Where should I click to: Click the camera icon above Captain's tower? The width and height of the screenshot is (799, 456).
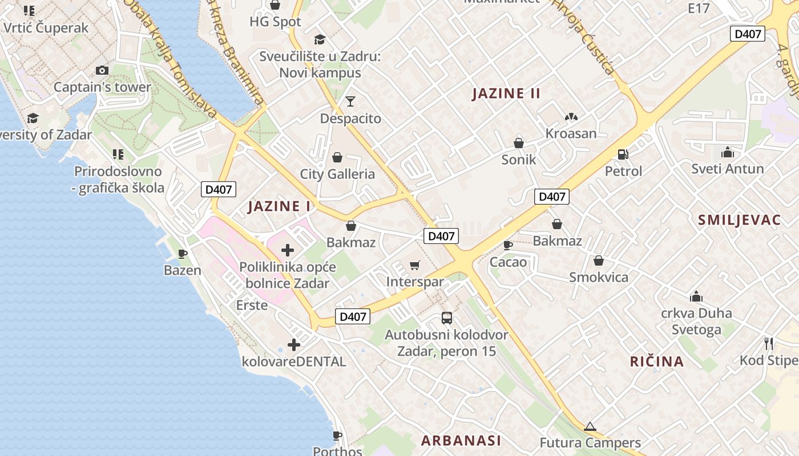pyautogui.click(x=102, y=71)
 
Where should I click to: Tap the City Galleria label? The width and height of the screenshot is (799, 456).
pyautogui.click(x=337, y=174)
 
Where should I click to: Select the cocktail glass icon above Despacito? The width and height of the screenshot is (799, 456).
pyautogui.click(x=350, y=101)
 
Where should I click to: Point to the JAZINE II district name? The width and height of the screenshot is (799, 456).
pyautogui.click(x=506, y=93)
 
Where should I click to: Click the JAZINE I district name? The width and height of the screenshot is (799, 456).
pyautogui.click(x=279, y=206)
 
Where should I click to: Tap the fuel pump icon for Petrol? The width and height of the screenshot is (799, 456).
pyautogui.click(x=623, y=154)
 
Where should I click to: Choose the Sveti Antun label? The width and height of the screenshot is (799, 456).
pyautogui.click(x=727, y=169)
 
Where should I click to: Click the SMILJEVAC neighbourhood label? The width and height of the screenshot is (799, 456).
pyautogui.click(x=739, y=221)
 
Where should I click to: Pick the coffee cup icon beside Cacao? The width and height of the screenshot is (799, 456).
pyautogui.click(x=507, y=245)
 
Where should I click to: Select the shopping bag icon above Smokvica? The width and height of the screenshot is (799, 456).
pyautogui.click(x=598, y=261)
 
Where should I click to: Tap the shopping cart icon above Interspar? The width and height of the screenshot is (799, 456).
pyautogui.click(x=415, y=265)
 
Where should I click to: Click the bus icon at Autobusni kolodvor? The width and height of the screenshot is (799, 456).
pyautogui.click(x=447, y=318)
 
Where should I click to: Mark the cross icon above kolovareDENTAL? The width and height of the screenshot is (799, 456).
pyautogui.click(x=294, y=345)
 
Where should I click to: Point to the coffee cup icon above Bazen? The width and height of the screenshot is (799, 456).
pyautogui.click(x=183, y=254)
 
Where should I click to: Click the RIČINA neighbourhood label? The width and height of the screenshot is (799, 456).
pyautogui.click(x=657, y=361)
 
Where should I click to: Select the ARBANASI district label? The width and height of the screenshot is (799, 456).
pyautogui.click(x=461, y=440)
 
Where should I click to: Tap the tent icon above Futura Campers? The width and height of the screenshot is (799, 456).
pyautogui.click(x=590, y=426)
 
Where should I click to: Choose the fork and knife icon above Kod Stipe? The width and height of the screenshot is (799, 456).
pyautogui.click(x=769, y=343)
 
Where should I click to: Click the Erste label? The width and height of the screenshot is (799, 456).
pyautogui.click(x=252, y=306)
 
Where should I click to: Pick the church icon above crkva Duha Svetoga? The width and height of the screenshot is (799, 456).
pyautogui.click(x=696, y=296)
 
